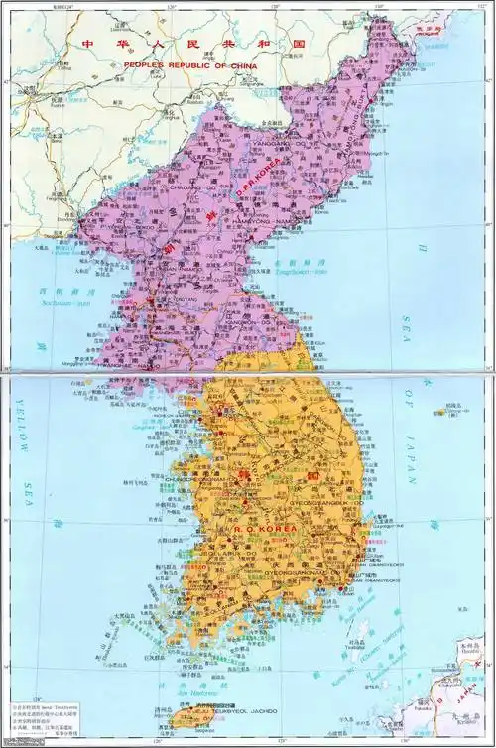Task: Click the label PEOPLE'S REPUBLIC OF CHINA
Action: coord(189,64)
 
